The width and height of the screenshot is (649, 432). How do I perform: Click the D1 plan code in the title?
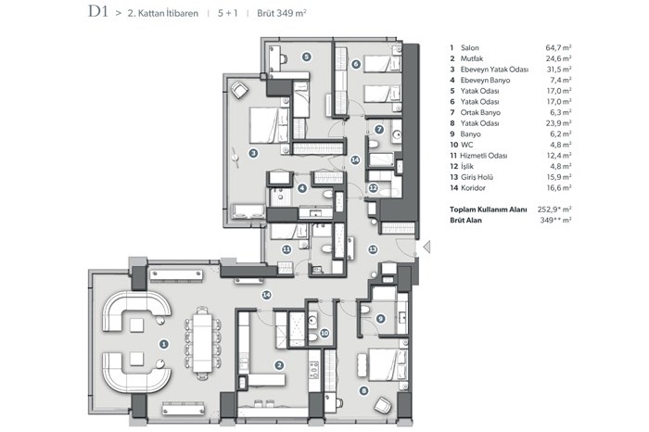coord(97,11)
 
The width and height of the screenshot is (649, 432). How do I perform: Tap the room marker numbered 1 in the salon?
coord(164,344)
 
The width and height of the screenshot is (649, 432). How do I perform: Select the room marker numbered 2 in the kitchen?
coord(279,365)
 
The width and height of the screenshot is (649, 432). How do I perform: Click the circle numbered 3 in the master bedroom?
coord(253,153)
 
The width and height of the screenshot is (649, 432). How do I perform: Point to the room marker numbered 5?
coord(306,57)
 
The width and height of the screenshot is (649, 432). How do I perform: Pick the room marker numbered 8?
coord(363,390)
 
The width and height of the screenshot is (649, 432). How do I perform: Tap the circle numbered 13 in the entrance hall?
coord(373,249)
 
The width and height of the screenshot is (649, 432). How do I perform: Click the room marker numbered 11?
coord(286,249)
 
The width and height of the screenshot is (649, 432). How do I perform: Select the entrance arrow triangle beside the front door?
coord(426,247)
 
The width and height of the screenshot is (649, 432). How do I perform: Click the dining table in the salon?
coord(202,343)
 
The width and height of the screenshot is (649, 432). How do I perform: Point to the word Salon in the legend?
coord(470,48)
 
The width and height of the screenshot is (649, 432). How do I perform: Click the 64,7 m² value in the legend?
coord(558,47)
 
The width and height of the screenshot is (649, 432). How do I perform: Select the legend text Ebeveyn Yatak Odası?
coord(494,70)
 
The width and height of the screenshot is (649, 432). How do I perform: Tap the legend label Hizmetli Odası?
coord(484,156)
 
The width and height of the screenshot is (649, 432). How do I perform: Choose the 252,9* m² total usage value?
coord(554,209)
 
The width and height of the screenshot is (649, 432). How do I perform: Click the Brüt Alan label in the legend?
coord(465,220)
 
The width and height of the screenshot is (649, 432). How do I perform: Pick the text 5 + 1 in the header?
coord(228,13)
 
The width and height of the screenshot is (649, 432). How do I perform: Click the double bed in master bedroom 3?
coord(269,125)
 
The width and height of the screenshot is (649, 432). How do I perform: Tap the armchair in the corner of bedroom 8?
coord(382,405)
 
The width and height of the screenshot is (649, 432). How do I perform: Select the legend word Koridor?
coord(473,188)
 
